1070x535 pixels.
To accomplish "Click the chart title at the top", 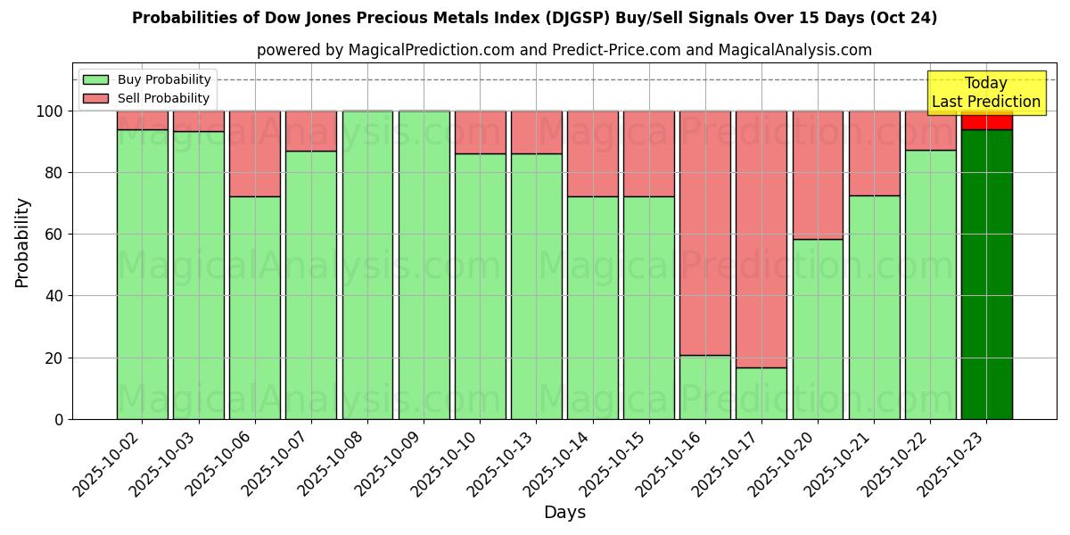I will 534,18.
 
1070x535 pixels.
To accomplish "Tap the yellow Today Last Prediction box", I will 986,93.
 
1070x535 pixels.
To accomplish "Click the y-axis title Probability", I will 22,243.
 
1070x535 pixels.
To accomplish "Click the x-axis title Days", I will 564,513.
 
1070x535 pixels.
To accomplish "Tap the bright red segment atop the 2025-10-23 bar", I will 986,120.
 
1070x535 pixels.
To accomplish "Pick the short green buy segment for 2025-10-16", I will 704,387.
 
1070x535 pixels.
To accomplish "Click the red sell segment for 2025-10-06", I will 254,153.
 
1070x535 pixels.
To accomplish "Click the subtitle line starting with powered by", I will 564,50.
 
